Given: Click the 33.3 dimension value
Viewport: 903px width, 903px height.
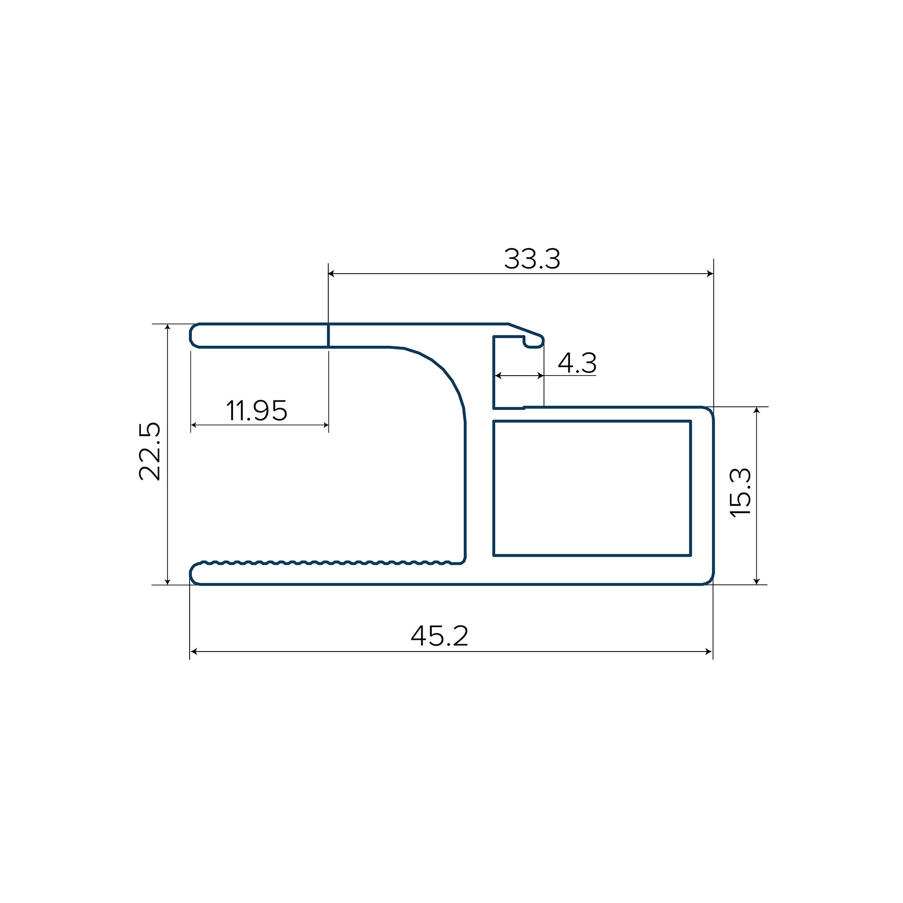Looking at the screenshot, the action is [532, 259].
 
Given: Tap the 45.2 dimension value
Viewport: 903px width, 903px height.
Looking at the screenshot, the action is [439, 636].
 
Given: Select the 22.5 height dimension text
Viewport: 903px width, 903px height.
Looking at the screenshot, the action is [150, 451].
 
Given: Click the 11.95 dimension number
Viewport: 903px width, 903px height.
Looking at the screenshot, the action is [256, 410].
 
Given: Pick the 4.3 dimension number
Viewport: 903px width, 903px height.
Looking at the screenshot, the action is [577, 363].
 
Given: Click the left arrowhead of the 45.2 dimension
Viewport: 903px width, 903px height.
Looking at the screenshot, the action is [194, 652].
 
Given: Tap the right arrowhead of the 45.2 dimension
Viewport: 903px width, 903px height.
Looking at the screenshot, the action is [708, 652].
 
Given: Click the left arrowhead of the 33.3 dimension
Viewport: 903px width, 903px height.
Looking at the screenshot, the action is [332, 274].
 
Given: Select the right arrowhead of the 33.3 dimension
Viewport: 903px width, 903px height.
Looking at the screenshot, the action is [709, 274].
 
